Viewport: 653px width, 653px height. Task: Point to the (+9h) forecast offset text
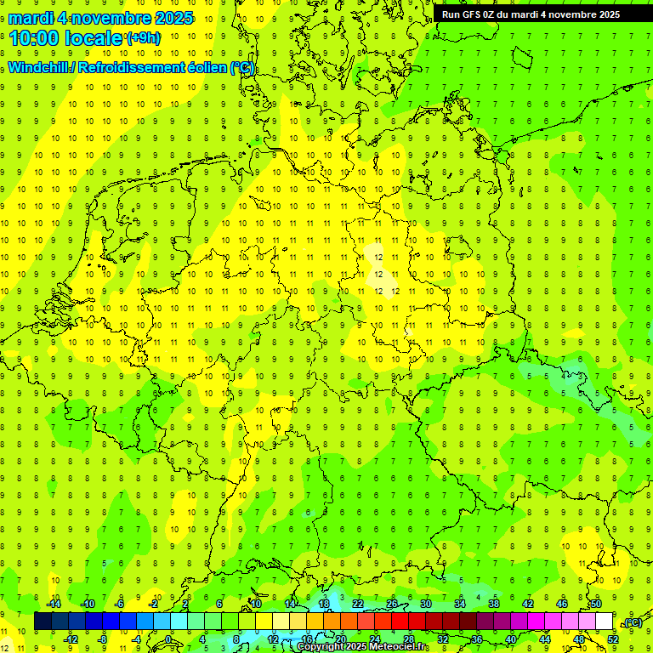point(142,37)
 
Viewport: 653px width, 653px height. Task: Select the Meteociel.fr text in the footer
point(383,647)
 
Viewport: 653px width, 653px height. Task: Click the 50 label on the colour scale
point(596,604)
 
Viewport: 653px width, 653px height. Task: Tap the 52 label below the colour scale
point(613,639)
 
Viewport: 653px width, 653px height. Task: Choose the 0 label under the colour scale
point(168,639)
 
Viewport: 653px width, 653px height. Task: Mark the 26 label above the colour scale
point(392,604)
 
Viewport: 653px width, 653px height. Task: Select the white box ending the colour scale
point(605,622)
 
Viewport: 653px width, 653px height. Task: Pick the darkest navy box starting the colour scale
point(43,622)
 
